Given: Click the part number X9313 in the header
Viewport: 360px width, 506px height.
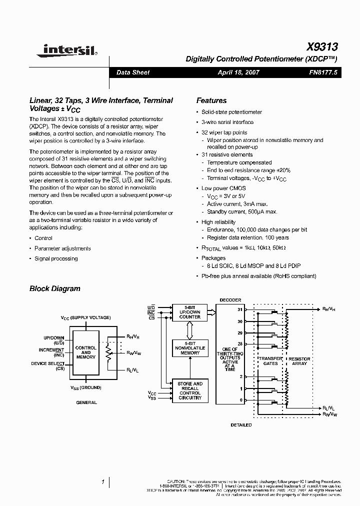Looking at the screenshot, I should click(322, 47).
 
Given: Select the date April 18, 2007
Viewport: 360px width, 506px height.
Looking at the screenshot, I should click(238, 72).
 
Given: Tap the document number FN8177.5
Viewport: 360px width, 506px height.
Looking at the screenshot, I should click(323, 72).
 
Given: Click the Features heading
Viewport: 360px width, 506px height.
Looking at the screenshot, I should click(211, 100).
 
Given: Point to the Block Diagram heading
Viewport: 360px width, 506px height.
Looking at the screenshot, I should click(54, 288).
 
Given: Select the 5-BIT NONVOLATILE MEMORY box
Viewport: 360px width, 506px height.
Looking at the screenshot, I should click(190, 349).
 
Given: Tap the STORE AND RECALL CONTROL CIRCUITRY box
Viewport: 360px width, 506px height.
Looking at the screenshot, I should click(190, 391).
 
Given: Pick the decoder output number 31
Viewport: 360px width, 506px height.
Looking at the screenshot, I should click(240, 309).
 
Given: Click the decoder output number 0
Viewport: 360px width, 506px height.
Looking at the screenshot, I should click(241, 400).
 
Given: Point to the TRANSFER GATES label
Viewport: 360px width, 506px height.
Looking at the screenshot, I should click(270, 361).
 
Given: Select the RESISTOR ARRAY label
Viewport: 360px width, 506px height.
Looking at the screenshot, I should click(299, 361).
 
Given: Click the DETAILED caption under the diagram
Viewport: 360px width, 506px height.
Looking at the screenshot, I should click(241, 425).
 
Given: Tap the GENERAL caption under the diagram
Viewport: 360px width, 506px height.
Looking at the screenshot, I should click(86, 402).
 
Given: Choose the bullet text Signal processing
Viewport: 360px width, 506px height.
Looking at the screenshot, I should click(56, 258).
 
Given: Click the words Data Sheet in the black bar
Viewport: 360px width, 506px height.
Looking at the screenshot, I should click(132, 72).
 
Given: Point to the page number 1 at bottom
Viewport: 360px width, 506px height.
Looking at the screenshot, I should click(103, 482).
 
